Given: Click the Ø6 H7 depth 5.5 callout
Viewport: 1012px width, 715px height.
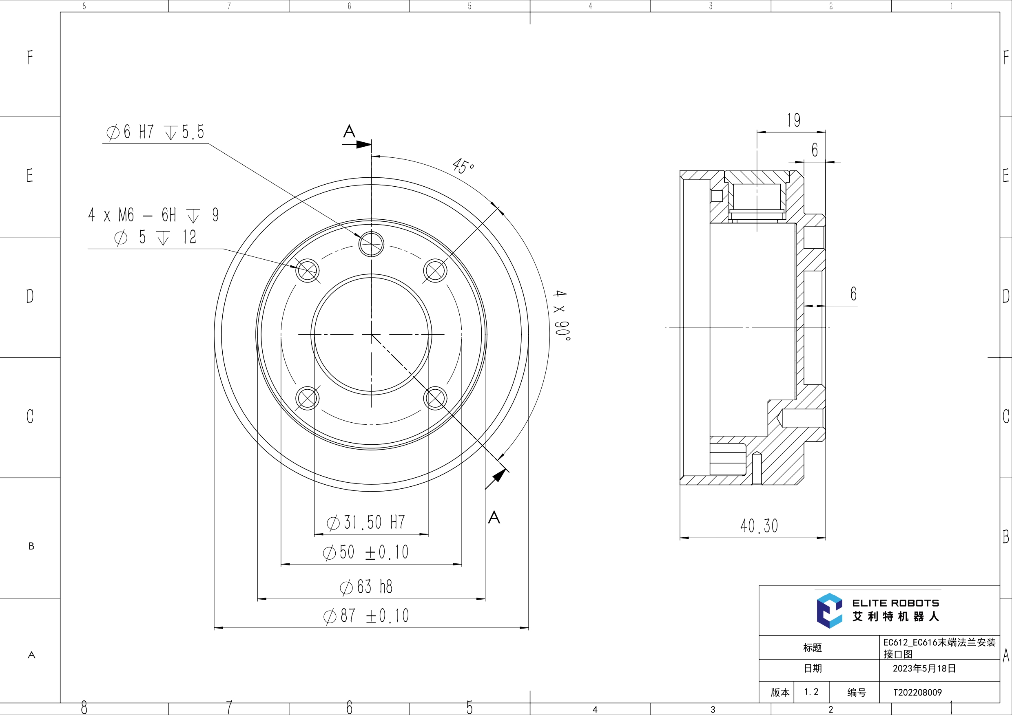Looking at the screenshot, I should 155,132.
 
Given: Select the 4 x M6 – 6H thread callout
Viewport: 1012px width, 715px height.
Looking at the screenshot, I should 153,215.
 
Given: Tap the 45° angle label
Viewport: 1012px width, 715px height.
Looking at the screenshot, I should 463,166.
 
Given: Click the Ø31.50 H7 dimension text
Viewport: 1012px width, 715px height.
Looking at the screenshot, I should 366,523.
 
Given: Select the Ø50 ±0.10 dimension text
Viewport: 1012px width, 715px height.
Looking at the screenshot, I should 366,552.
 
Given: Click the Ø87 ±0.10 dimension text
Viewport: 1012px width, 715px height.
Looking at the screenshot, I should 366,616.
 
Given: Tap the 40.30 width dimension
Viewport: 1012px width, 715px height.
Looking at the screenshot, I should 759,526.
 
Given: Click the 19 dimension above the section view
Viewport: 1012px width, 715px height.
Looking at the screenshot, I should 793,120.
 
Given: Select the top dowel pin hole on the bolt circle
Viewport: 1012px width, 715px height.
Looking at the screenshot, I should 371,244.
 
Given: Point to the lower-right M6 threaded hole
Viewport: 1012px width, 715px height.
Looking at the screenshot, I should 435,398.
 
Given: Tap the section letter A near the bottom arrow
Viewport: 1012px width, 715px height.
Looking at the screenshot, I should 494,517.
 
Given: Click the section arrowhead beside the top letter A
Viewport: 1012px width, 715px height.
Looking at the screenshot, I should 363,144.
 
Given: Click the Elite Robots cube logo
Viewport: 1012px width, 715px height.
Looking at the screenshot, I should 829,611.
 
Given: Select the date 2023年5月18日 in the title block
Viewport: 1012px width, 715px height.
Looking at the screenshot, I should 924,668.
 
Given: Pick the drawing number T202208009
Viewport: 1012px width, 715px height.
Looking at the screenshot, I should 917,693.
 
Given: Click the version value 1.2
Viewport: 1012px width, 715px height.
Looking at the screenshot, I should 811,692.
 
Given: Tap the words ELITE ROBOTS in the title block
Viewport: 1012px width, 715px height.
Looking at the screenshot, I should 895,603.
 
